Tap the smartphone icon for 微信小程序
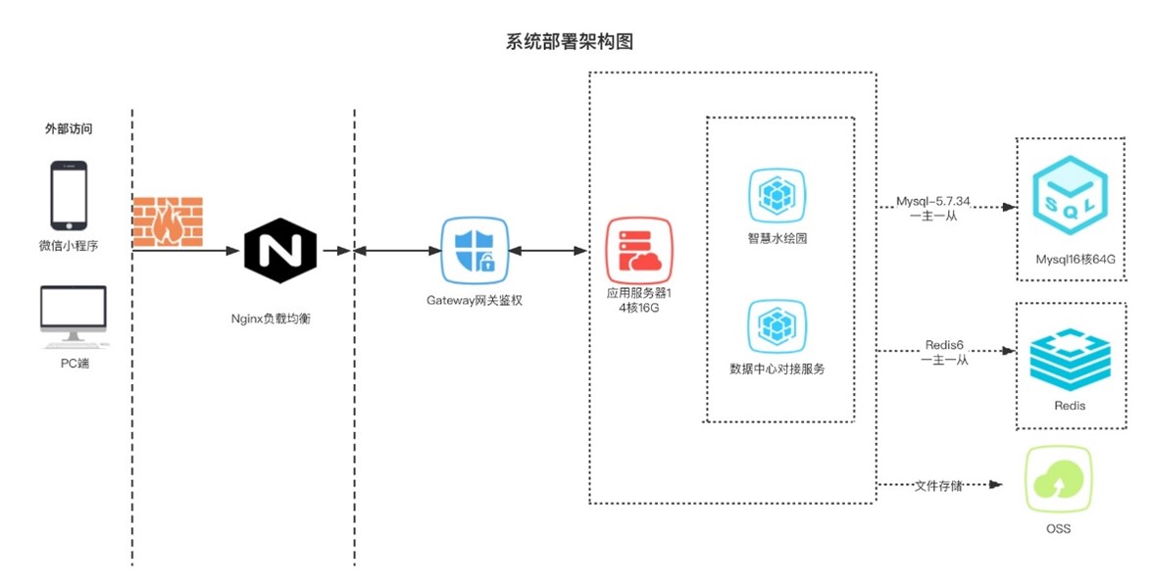[x=69, y=196]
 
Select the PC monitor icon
[x=74, y=317]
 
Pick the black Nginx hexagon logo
[x=280, y=251]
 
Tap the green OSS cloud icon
[x=1058, y=481]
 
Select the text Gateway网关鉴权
[x=475, y=300]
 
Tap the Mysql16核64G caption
[x=1075, y=261]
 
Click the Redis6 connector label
[x=944, y=345]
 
